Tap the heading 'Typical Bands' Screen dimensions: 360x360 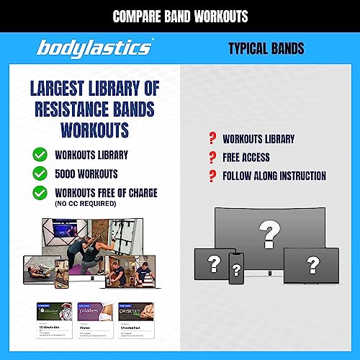point(266,49)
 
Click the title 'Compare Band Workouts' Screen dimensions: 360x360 point(179,16)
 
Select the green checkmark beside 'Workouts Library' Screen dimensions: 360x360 point(40,153)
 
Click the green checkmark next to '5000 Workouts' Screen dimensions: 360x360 point(40,173)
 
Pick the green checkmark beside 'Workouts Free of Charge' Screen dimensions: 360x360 point(40,192)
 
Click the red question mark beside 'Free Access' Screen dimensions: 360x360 point(212,157)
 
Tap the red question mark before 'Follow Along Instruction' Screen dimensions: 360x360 point(212,176)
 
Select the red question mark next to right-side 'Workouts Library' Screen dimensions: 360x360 point(212,138)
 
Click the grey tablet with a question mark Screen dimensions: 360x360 point(212,264)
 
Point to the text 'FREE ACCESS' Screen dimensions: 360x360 point(246,157)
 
